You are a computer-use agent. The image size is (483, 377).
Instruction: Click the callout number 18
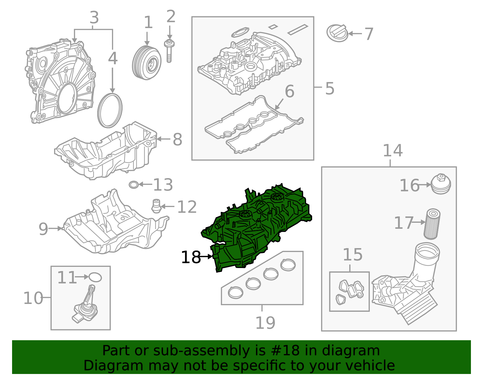[x=191, y=257]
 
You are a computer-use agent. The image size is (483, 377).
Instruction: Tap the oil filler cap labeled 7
[x=337, y=33]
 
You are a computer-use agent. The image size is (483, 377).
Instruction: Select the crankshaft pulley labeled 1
[x=146, y=63]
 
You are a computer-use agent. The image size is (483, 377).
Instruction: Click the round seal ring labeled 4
[x=110, y=110]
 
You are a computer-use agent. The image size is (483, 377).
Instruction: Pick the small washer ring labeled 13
[x=133, y=184]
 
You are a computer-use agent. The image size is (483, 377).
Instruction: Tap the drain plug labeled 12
[x=156, y=206]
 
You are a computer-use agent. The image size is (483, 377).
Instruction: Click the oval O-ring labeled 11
[x=95, y=277]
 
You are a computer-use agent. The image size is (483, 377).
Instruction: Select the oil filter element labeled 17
[x=432, y=224]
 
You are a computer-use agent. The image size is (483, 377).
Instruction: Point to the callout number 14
[x=392, y=151]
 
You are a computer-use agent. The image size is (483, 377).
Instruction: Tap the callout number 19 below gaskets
[x=265, y=323]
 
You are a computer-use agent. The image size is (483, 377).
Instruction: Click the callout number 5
[x=330, y=88]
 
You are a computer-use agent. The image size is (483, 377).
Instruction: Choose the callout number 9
[x=43, y=229]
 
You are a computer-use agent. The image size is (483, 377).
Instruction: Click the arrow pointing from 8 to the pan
[x=163, y=139]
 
